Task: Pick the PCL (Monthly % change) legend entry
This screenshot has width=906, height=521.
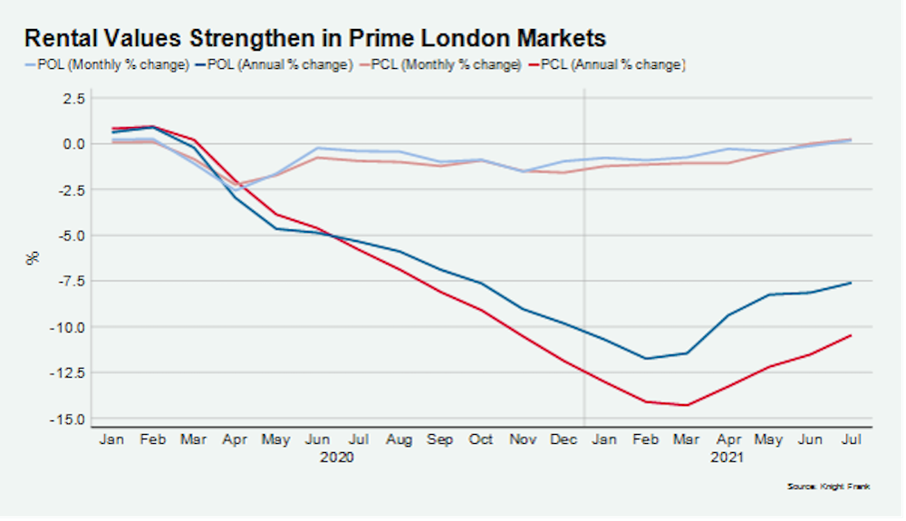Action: coord(445,64)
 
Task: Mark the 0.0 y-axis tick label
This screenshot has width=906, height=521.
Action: coord(73,143)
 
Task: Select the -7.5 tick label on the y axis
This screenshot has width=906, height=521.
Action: coord(71,281)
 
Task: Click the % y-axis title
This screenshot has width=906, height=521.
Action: coord(34,257)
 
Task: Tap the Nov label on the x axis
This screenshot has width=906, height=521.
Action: coord(523,439)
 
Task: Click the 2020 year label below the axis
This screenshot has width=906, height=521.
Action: coord(337,458)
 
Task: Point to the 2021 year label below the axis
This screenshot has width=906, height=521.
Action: coord(727,458)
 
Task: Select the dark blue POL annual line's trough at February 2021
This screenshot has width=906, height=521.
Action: coord(646,358)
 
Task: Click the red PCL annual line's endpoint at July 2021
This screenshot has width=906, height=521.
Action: coord(851,335)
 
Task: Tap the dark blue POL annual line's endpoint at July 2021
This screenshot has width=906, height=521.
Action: coord(851,283)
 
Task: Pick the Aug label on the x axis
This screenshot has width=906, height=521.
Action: coord(399,439)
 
